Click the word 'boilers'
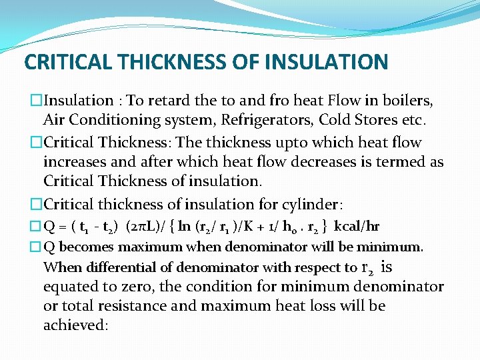click(409, 101)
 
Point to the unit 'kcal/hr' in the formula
click(357, 227)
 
